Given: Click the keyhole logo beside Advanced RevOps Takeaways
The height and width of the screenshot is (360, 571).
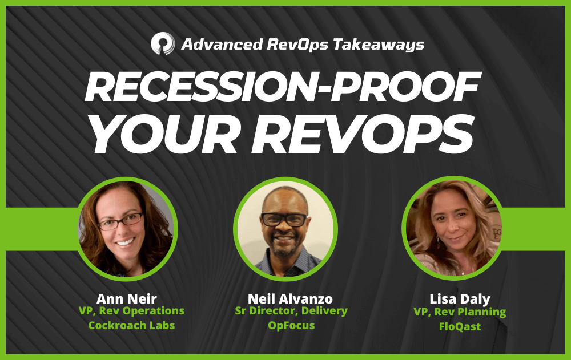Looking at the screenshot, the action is coord(163,43).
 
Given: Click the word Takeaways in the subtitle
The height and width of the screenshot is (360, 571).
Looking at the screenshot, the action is coord(379,45).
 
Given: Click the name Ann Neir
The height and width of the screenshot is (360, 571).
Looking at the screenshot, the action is coord(127,299).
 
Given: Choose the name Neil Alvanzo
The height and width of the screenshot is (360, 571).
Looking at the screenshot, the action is coord(290,299).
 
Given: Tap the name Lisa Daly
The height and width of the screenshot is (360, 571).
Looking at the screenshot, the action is coord(460,299).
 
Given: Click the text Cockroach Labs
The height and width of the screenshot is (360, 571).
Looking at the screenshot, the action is coord(131,325).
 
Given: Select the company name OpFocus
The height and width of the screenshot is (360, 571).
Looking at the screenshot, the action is coord(291,325).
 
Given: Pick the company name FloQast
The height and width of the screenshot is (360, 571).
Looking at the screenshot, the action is coord(460,326).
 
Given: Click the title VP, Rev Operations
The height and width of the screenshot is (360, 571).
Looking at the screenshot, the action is coord(131,311).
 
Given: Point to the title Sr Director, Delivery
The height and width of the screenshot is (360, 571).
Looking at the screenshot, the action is coord(291,311).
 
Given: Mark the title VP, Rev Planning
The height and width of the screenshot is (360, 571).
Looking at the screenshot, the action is coord(460,312).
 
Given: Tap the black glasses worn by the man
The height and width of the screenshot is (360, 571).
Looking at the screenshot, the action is coord(284,220).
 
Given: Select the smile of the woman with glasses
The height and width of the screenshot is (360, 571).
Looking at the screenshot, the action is coord(125,242).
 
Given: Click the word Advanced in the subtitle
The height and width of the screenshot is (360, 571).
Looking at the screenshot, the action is coord(222,44).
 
